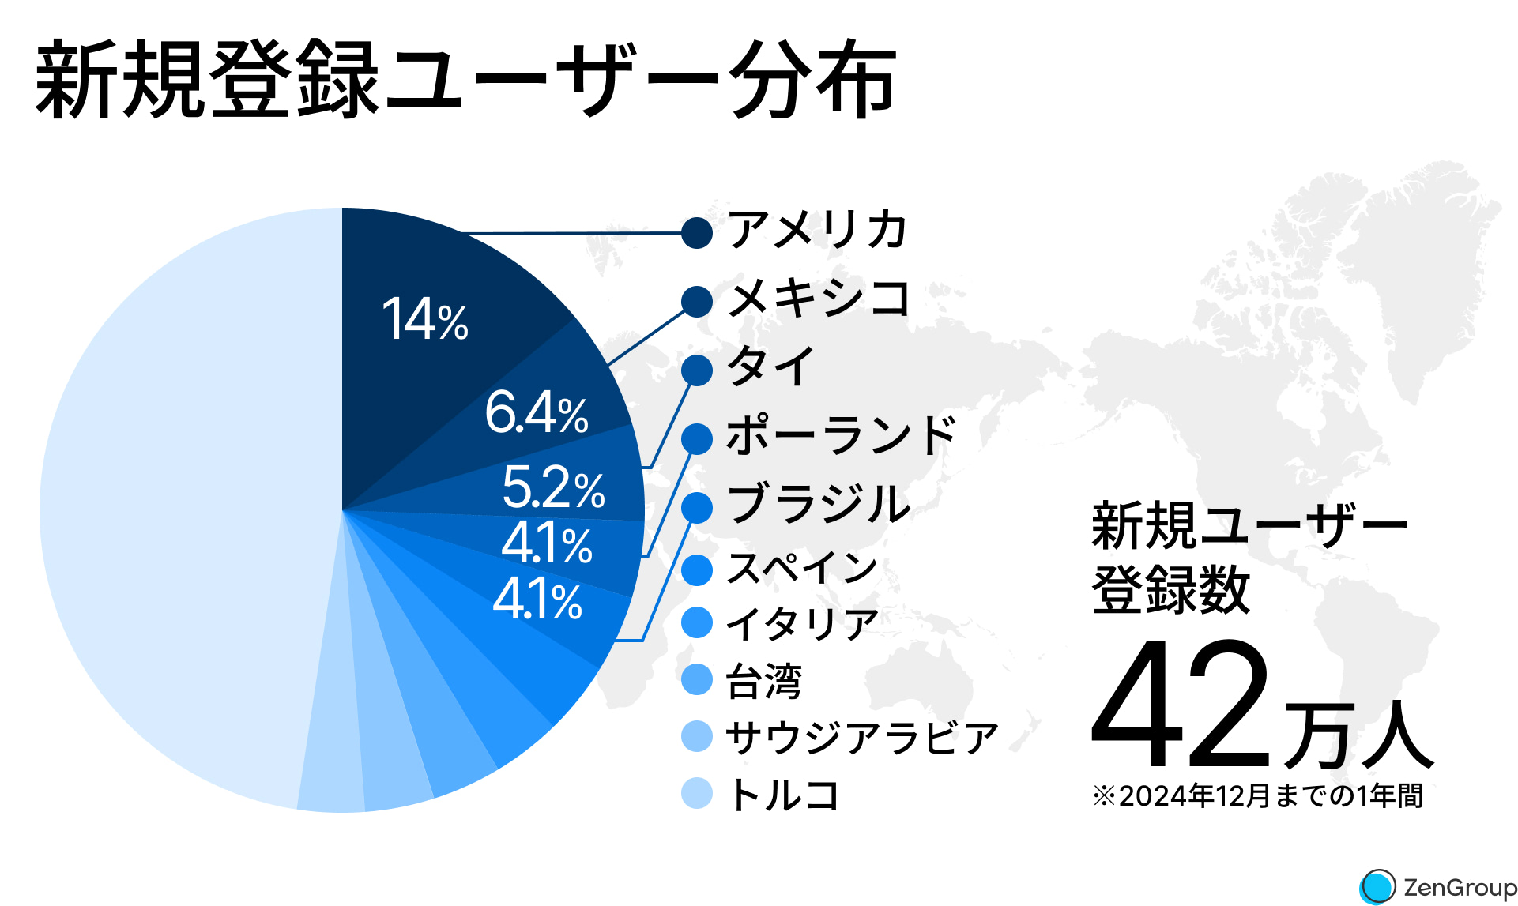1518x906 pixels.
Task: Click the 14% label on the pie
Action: coord(424,320)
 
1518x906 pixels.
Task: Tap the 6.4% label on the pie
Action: coord(537,412)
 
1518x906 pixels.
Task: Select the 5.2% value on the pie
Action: coord(553,487)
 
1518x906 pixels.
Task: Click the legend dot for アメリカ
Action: coord(697,233)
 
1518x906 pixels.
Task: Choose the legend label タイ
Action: coord(770,367)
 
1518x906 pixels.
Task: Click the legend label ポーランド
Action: coord(841,435)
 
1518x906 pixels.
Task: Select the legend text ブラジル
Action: coord(818,504)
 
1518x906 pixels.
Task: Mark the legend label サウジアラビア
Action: coord(862,738)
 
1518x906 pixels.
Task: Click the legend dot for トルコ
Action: coord(697,794)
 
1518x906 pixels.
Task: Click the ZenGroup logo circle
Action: coord(1378,886)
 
